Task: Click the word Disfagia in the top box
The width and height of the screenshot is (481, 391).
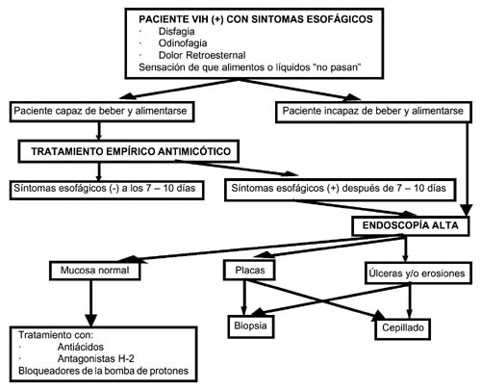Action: [x=176, y=32]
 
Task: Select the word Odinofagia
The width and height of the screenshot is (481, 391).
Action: [x=183, y=43]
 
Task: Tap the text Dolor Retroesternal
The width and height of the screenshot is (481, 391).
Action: [x=202, y=55]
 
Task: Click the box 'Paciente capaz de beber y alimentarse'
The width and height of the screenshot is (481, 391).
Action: [x=102, y=112]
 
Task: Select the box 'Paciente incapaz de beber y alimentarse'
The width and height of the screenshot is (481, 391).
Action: [x=373, y=112]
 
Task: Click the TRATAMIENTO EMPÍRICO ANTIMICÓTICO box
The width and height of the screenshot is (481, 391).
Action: [x=129, y=151]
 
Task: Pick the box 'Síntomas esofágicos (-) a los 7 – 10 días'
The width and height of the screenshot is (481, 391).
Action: [x=107, y=190]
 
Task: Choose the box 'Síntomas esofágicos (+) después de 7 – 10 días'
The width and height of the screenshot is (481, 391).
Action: [x=341, y=190]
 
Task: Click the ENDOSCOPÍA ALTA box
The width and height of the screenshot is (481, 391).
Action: [x=411, y=226]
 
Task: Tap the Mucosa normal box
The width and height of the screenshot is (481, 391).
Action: [x=95, y=271]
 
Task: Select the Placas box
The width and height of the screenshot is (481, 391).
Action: [x=250, y=271]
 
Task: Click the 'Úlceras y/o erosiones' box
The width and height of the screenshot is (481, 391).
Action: [x=418, y=274]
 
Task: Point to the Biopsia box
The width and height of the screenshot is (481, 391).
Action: [x=251, y=326]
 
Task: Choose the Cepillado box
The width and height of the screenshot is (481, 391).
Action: [x=403, y=328]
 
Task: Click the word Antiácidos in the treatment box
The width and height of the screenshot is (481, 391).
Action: [x=81, y=347]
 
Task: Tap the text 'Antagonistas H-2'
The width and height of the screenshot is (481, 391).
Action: [x=95, y=358]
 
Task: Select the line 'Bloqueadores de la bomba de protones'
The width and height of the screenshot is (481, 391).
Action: [x=103, y=371]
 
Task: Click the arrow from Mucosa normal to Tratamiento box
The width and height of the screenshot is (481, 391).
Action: [x=91, y=303]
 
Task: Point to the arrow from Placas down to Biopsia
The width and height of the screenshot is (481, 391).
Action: [x=244, y=298]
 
